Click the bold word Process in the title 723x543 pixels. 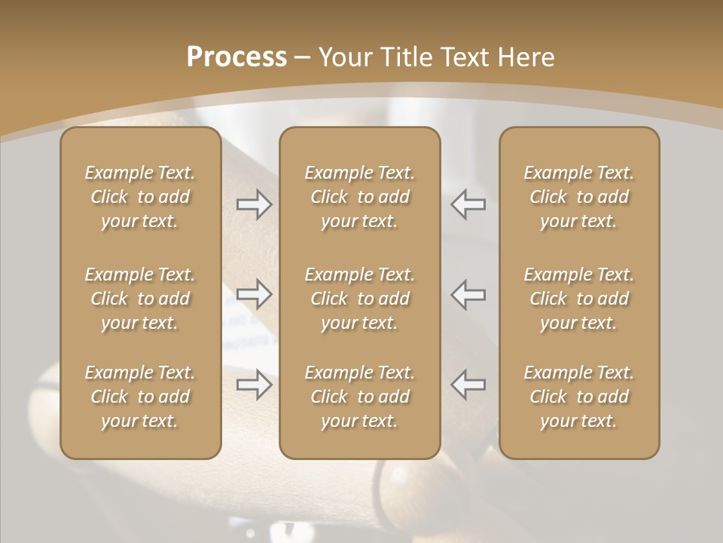(236, 57)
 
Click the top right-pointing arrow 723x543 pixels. (254, 204)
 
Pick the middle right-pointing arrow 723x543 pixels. (254, 293)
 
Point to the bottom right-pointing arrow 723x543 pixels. (254, 384)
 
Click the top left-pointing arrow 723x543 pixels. (468, 204)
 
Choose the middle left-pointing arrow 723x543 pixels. (468, 293)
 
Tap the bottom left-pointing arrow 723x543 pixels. (468, 384)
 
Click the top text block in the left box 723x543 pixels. (140, 197)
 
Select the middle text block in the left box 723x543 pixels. (140, 299)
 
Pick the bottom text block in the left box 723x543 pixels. (140, 397)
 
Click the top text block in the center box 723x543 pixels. (359, 197)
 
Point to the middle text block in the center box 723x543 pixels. (359, 299)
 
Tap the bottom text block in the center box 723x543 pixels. (359, 397)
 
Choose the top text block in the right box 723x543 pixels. (579, 197)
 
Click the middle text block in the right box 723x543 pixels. (579, 299)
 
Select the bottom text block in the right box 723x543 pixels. (579, 397)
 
